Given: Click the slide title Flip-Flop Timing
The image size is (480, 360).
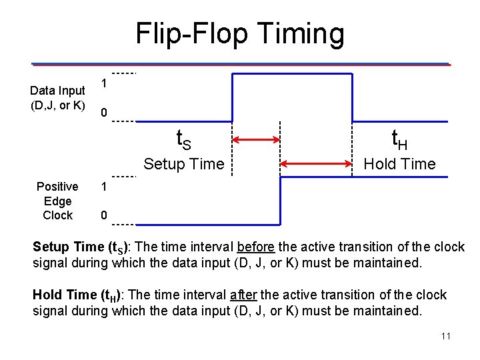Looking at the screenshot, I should coord(240,33).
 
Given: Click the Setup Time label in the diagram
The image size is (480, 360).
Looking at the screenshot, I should coord(184,164).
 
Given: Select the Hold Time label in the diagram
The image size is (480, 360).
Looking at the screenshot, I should coord(399,164).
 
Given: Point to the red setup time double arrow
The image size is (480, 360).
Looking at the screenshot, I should coord(257,140).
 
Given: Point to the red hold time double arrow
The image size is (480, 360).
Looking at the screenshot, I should coord(316,164).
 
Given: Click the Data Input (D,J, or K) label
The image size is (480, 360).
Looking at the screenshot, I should coord(58,97).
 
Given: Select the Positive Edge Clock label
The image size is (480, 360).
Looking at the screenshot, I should coord(57,201).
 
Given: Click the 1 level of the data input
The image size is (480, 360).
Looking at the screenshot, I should coord(104,83).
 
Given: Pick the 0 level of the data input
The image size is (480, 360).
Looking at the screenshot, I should coord(104,113).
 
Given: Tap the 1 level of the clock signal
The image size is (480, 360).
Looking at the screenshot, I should coord(104,187).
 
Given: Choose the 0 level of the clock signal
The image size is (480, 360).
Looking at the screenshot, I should coord(104,216).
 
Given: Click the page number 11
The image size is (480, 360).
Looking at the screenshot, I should coord(446,336).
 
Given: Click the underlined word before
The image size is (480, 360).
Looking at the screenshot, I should coord(251,247).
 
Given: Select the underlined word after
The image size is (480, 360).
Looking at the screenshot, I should coord(243,295).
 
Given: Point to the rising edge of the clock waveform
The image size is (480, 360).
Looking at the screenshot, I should coord(280,200).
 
